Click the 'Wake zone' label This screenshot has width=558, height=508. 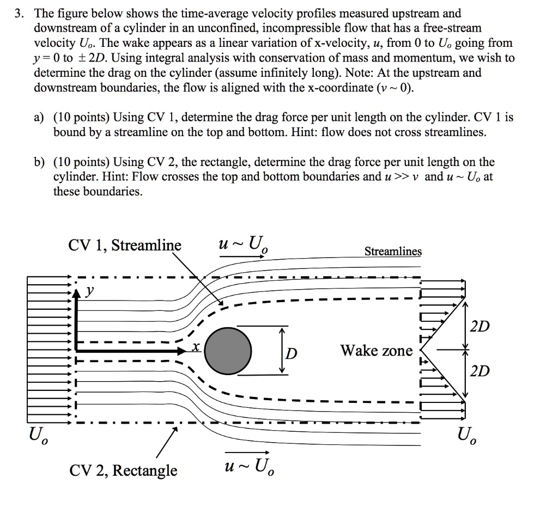pos(377,351)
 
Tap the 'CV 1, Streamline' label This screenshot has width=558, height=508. pos(124,246)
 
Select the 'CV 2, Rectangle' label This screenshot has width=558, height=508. pos(123,470)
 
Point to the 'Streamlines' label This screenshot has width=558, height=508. pos(393,252)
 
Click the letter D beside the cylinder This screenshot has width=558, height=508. pos(293,354)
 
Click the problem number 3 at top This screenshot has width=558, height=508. pos(19,14)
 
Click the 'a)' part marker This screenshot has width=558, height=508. pos(39,117)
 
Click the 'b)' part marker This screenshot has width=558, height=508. pos(39,162)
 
